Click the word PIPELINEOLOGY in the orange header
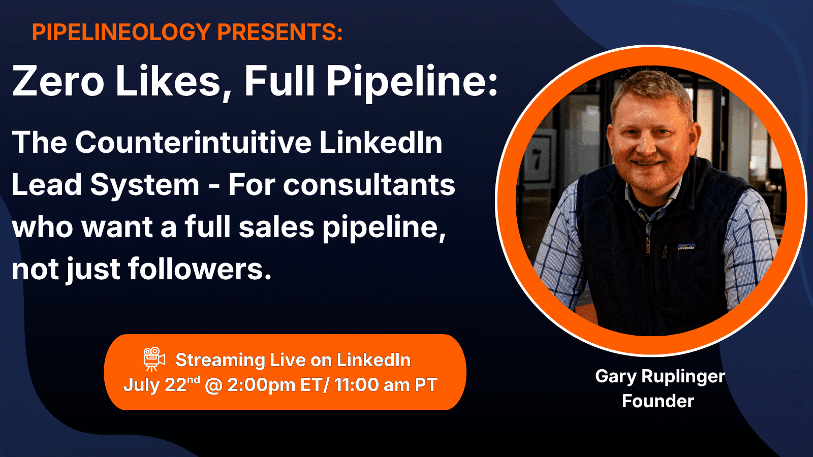click(121, 32)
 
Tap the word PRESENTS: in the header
click(280, 32)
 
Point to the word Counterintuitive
click(193, 142)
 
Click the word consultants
click(369, 185)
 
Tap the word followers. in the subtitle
click(200, 269)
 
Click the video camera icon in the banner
click(154, 359)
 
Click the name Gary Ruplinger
click(660, 376)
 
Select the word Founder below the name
click(658, 401)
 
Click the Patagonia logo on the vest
click(686, 247)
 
